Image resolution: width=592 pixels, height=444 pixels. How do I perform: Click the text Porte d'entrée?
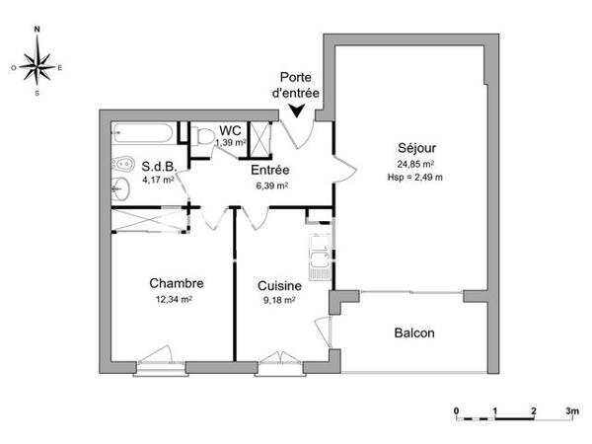coord(299,85)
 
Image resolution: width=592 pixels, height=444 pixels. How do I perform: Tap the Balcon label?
coord(414,333)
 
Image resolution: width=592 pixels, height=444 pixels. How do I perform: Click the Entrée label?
coord(268,170)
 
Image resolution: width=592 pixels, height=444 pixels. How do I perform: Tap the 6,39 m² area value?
coord(268,185)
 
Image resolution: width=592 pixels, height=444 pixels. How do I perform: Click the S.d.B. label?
coord(158,166)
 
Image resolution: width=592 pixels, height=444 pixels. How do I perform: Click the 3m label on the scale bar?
coord(571,408)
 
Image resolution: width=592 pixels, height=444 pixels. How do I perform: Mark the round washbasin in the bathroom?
coord(121,189)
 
